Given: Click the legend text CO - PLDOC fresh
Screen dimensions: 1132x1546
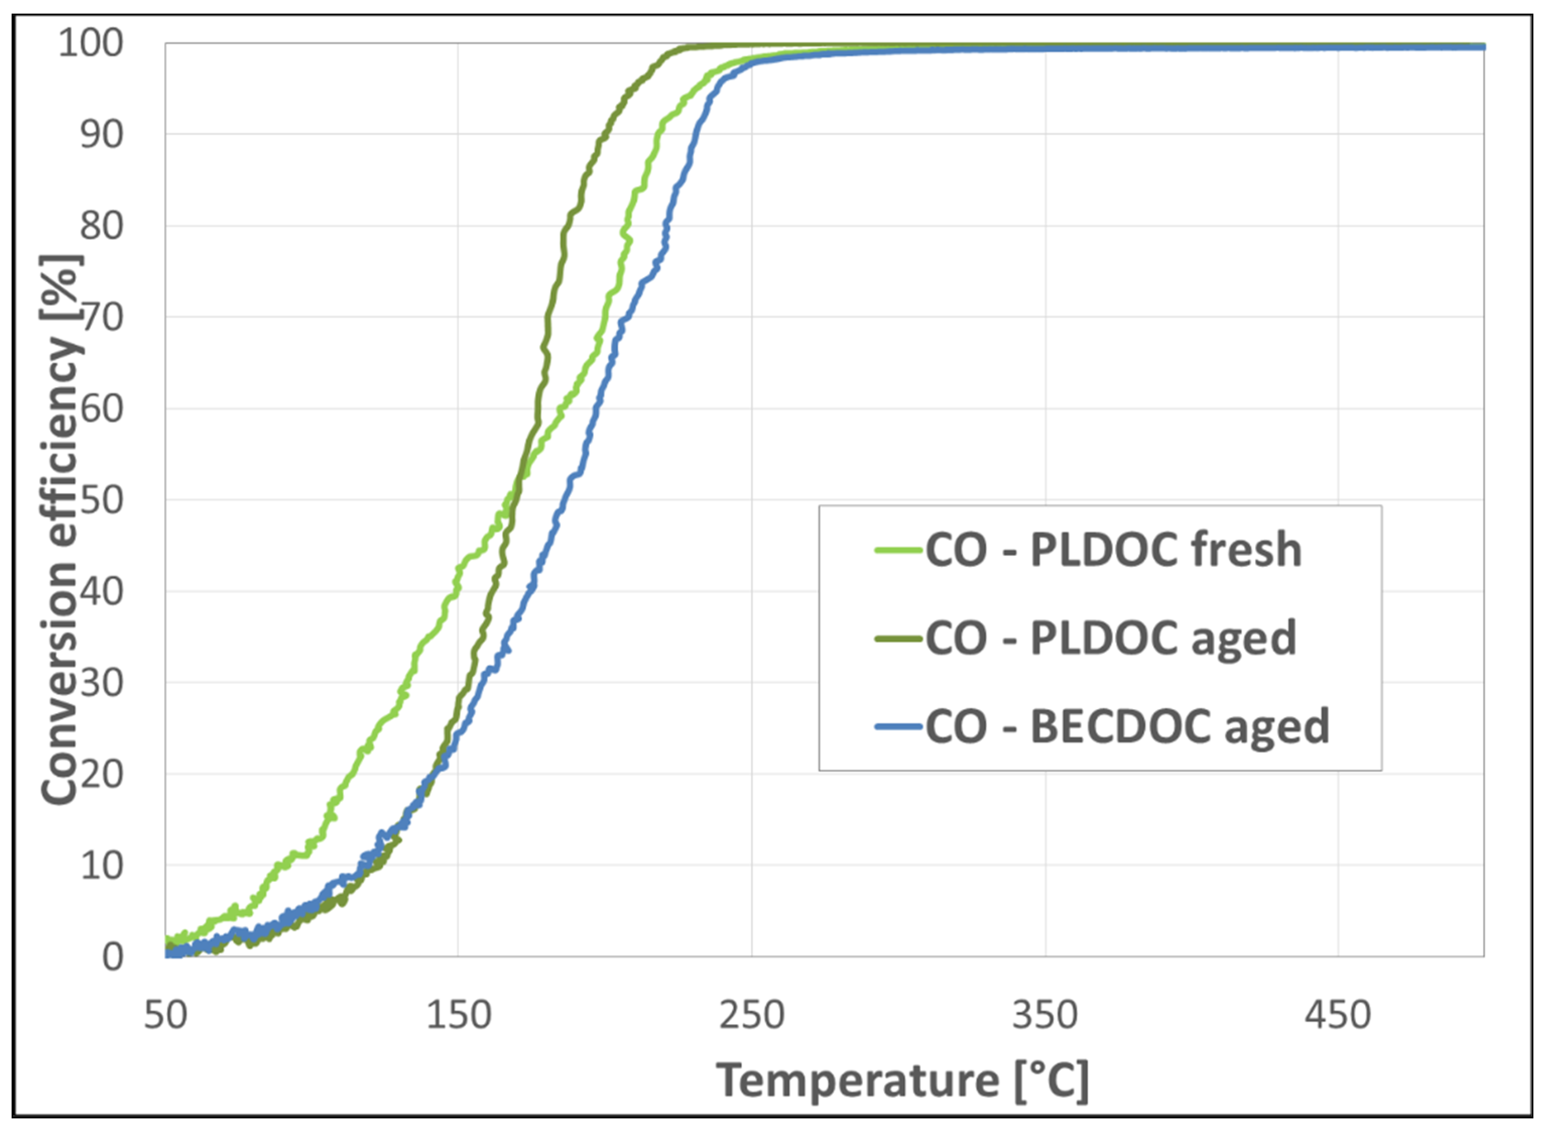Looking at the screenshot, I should (x=1113, y=550).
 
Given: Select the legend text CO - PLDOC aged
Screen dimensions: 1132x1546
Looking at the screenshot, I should (x=1110, y=639).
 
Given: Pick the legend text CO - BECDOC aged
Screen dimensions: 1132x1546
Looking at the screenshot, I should (x=1127, y=726).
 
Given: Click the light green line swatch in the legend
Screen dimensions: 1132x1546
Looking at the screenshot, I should (x=898, y=549).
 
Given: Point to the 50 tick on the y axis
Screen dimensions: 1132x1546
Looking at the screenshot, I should (x=101, y=500).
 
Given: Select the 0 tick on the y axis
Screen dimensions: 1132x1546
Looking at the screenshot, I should (x=112, y=957).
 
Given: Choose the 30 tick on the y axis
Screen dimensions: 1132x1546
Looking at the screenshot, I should (x=101, y=682).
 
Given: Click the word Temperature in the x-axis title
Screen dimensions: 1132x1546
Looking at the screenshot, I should (x=858, y=1081).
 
